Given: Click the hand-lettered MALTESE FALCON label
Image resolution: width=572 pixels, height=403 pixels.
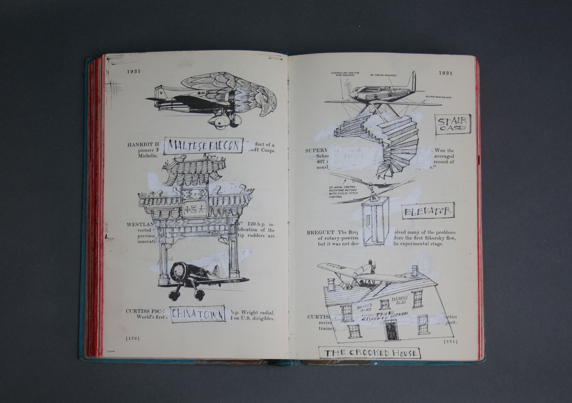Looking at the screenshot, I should (x=203, y=146).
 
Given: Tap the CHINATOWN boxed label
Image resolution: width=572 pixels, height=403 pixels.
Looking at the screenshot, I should (x=198, y=314).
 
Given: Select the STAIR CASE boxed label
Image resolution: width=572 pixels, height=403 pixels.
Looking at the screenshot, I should (x=453, y=124).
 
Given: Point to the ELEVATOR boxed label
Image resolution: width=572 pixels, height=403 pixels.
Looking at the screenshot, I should (x=428, y=211).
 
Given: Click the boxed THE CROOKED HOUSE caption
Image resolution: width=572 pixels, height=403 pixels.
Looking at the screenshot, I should (x=370, y=353).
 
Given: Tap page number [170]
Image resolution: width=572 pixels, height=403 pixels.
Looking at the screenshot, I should (x=133, y=338).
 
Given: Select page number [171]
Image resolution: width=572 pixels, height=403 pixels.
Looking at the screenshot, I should (x=450, y=341).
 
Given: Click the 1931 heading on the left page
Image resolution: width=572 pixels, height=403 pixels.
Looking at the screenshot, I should (x=133, y=71).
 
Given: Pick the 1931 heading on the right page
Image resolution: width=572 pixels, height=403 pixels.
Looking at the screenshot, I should (x=445, y=73).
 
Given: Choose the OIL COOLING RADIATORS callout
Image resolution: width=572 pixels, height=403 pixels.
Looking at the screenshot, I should (x=383, y=75).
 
